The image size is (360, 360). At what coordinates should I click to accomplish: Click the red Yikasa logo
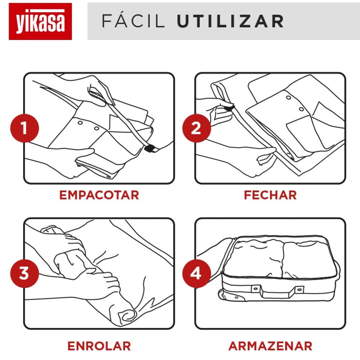(40, 21)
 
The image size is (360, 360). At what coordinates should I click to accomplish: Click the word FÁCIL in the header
(134, 21)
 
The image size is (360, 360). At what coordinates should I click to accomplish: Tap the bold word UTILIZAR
(230, 21)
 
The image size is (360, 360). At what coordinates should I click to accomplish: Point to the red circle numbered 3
(24, 274)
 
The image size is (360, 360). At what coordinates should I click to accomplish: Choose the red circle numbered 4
(196, 274)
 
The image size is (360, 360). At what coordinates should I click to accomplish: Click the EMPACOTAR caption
(99, 195)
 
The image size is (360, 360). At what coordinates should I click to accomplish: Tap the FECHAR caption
(270, 195)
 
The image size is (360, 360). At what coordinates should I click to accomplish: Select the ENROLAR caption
(99, 346)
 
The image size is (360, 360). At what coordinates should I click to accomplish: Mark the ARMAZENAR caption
(270, 346)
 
